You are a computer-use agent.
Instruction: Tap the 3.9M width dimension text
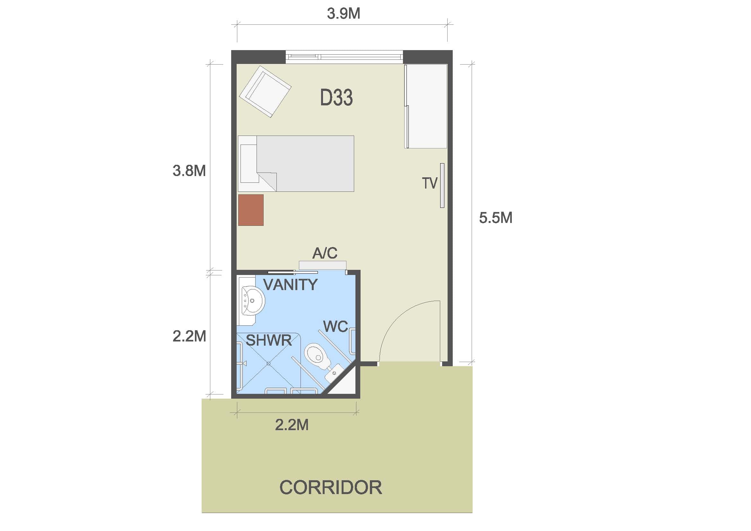[344, 13]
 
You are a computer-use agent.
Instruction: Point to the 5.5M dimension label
[495, 217]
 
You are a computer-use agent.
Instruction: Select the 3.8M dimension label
[189, 171]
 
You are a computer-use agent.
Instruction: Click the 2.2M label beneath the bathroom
[292, 425]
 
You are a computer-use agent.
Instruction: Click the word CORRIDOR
[331, 488]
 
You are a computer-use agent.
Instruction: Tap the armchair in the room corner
[265, 92]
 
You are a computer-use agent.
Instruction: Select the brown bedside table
[251, 210]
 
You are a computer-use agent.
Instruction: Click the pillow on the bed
[249, 164]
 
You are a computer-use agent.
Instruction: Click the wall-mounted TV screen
[442, 185]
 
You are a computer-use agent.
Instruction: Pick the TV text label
[430, 183]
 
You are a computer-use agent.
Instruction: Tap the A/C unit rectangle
[322, 265]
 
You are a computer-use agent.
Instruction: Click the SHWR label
[268, 341]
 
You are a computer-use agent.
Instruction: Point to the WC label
[335, 326]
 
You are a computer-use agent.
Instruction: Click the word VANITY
[291, 285]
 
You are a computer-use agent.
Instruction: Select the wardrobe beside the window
[426, 106]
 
